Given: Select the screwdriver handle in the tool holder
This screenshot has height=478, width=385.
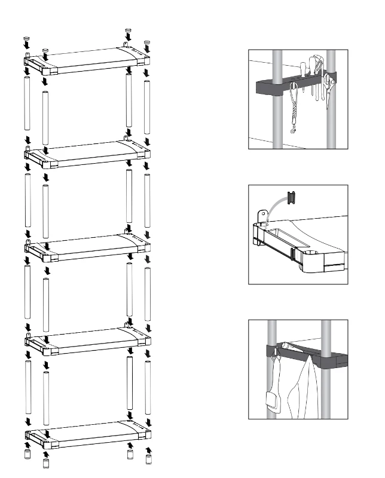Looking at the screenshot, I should [304, 68].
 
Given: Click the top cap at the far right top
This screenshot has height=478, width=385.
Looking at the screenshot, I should [147, 44].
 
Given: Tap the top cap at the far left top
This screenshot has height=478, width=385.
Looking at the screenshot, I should [26, 39].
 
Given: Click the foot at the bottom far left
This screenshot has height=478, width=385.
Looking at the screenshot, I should [27, 455].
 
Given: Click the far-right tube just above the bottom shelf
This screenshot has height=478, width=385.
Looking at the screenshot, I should [148, 388].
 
